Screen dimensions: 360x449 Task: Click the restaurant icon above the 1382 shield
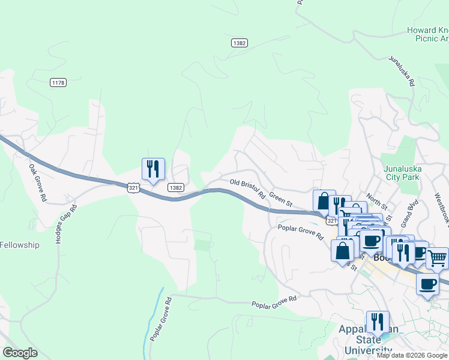(x=153, y=169)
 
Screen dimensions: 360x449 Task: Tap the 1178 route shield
(x=58, y=83)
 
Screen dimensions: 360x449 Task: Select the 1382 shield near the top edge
(x=240, y=43)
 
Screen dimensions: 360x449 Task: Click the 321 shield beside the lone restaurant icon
(x=134, y=188)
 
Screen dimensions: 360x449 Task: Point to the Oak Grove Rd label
(x=37, y=182)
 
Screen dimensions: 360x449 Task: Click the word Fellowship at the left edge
(x=19, y=245)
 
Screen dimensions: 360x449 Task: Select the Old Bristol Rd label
(x=247, y=187)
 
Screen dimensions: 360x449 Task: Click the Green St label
(x=280, y=199)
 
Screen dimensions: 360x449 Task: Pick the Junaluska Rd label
(x=402, y=72)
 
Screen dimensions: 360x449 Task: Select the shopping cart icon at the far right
(x=437, y=259)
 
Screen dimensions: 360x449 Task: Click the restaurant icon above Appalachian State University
(x=378, y=322)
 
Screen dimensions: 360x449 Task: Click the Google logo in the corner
(x=20, y=353)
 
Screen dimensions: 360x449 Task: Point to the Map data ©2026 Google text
(x=412, y=355)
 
